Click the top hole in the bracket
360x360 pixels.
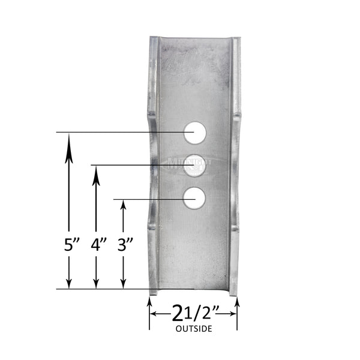pos(194,132)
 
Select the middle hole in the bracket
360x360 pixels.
pos(194,164)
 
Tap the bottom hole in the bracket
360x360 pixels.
pos(194,198)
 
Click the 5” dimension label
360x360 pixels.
pos(72,245)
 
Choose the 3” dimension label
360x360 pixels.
pos(125,245)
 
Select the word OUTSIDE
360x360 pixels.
pos(193,329)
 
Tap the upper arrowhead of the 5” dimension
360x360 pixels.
pos(70,140)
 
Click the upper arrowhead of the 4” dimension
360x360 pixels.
pos(96,173)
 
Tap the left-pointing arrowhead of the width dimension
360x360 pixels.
pos(154,313)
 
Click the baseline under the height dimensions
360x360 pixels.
pos(102,289)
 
